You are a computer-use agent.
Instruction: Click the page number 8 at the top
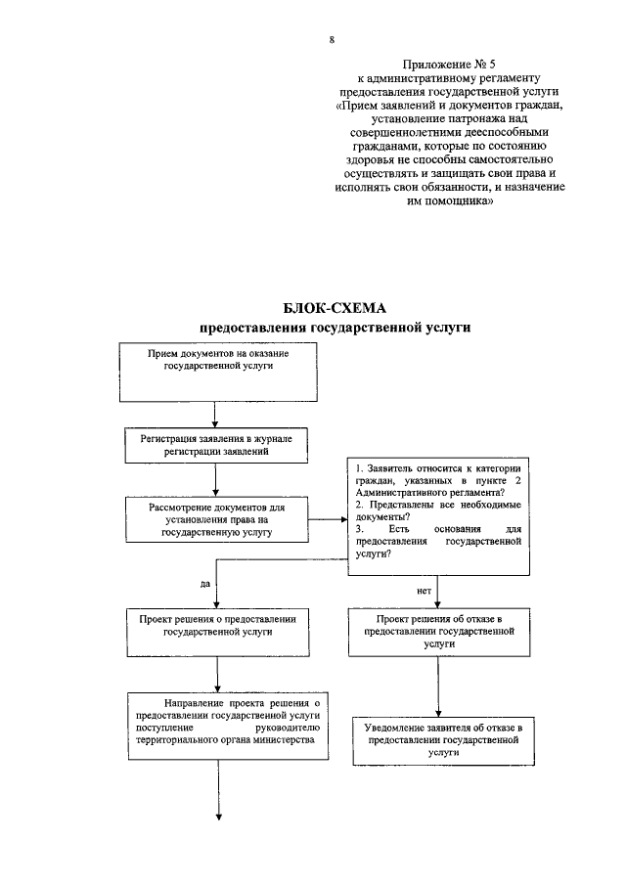pyautogui.click(x=332, y=40)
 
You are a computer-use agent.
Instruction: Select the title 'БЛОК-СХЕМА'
pyautogui.click(x=315, y=310)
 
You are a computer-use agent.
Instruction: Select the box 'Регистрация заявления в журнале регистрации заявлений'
pyautogui.click(x=218, y=447)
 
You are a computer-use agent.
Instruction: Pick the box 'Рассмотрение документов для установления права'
pyautogui.click(x=218, y=521)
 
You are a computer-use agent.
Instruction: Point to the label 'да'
pyautogui.click(x=205, y=583)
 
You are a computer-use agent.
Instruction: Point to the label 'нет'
pyautogui.click(x=424, y=592)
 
